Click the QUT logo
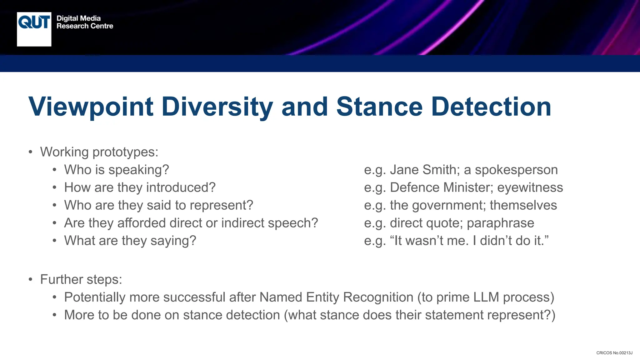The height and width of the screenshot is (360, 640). (x=34, y=29)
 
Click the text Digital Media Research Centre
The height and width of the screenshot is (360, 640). (x=85, y=22)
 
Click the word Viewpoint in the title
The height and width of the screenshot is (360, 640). (x=91, y=107)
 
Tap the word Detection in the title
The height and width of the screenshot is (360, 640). (x=491, y=107)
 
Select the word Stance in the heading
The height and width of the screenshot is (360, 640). (x=379, y=107)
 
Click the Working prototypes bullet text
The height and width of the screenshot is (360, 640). (x=99, y=152)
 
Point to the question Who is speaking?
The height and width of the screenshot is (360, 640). (x=117, y=170)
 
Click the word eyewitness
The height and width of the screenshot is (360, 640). (x=530, y=187)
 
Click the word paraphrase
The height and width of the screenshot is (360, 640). (x=500, y=223)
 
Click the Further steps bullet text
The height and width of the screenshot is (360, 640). (x=81, y=279)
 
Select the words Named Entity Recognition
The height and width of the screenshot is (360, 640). (x=336, y=297)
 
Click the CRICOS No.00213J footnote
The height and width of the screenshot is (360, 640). (x=614, y=353)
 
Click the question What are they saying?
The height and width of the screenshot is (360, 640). (x=130, y=241)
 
